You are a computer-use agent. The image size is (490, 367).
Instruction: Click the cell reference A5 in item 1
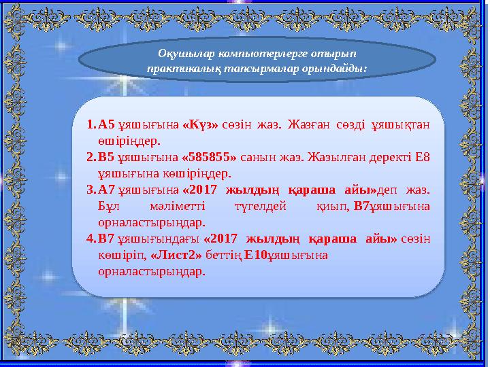point(107,125)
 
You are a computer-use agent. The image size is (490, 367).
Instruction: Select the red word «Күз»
point(200,125)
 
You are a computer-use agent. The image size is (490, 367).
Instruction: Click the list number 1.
point(91,125)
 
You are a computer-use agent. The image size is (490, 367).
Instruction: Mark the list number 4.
point(91,239)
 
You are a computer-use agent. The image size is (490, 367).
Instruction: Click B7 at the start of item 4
point(107,239)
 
